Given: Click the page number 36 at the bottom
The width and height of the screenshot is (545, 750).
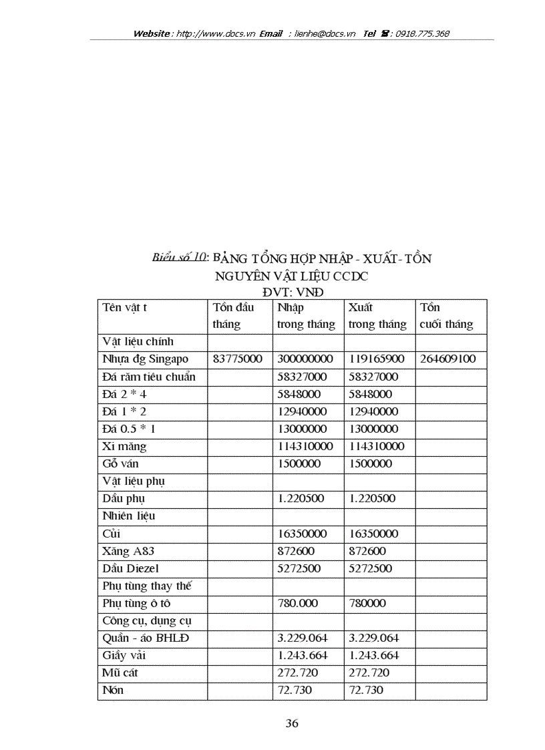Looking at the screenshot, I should pyautogui.click(x=292, y=723).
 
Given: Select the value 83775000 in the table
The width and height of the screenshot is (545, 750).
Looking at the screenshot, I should pyautogui.click(x=237, y=359).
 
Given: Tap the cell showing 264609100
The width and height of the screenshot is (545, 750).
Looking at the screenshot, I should pyautogui.click(x=447, y=359).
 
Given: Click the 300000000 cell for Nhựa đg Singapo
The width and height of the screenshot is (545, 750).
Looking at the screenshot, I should pyautogui.click(x=305, y=359).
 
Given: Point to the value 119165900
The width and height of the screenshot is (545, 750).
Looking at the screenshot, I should pyautogui.click(x=377, y=359).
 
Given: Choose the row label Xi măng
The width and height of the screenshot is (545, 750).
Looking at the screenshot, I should pyautogui.click(x=124, y=446).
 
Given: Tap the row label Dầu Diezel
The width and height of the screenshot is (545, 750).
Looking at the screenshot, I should pyautogui.click(x=130, y=568).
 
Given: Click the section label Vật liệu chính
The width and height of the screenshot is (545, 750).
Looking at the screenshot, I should pyautogui.click(x=138, y=341).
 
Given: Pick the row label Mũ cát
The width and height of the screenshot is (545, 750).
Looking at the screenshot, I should pyautogui.click(x=121, y=673).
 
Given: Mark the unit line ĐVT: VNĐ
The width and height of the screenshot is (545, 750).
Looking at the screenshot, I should pyautogui.click(x=291, y=291).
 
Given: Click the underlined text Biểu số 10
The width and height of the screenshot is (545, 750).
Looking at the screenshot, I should pyautogui.click(x=179, y=257).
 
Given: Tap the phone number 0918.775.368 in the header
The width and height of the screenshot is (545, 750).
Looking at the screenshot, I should pyautogui.click(x=422, y=33).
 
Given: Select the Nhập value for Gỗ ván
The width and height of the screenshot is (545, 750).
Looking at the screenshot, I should pyautogui.click(x=299, y=463).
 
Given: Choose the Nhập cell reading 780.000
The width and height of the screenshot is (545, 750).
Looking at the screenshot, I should pyautogui.click(x=297, y=603).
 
